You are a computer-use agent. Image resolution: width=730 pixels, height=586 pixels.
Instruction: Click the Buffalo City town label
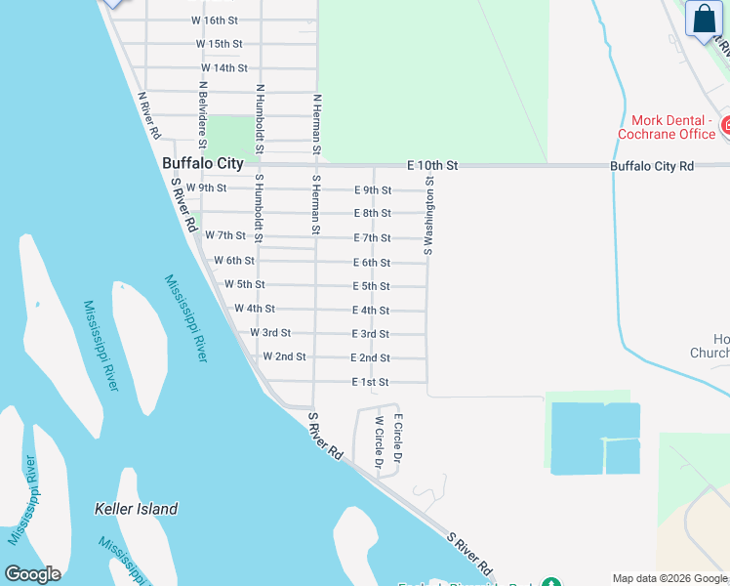pos(202,165)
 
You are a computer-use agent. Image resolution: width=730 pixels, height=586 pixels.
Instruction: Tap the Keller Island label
pos(137,509)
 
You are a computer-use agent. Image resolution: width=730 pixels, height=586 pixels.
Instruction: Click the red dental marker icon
pos(726,125)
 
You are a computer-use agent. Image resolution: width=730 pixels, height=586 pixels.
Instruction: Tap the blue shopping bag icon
pos(704,20)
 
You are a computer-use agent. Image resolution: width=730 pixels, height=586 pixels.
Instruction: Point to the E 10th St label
pos(429,166)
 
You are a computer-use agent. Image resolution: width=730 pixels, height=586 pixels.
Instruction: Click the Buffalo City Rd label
pos(652,167)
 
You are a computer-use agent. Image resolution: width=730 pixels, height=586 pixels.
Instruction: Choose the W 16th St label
pos(215,20)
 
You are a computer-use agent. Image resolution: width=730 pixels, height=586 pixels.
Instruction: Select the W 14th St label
pos(224,68)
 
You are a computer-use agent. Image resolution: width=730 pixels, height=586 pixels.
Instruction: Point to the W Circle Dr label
pos(379,441)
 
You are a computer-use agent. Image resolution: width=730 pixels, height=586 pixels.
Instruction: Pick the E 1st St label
pos(371,383)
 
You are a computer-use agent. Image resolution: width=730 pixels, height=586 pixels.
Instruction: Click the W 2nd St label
pos(284,356)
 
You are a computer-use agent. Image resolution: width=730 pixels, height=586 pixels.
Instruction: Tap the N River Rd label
pos(150,115)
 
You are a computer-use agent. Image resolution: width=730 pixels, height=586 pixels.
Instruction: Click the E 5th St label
pos(371,286)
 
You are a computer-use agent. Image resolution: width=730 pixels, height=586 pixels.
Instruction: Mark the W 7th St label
pos(225,235)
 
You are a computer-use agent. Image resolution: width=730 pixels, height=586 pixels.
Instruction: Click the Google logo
pos(32,574)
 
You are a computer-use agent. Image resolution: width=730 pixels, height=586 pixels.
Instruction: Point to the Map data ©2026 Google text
pos(670,578)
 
